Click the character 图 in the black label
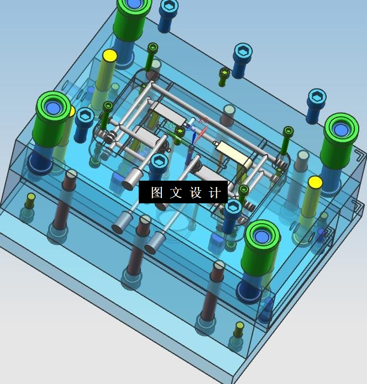pyautogui.click(x=156, y=192)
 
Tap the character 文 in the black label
pyautogui.click(x=176, y=192)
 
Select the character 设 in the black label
pyautogui.click(x=196, y=192)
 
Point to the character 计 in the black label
pyautogui.click(x=215, y=192)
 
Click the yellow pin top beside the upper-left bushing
pyautogui.click(x=110, y=56)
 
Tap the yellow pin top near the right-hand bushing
pyautogui.click(x=315, y=182)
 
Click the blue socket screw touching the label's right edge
pyautogui.click(x=232, y=215)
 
